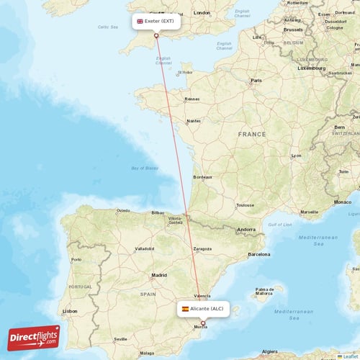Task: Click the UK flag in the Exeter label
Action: pos(140,22)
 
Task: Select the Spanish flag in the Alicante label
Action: pos(185,308)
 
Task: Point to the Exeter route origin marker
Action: pos(156,35)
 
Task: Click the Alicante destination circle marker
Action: pos(203,323)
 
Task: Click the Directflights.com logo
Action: pos(34,337)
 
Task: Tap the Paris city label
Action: pos(255,81)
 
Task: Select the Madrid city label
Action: pos(159,275)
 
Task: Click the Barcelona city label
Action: pos(258,254)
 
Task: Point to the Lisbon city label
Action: pos(70,310)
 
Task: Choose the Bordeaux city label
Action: pos(202,177)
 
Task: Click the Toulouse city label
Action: pos(245,205)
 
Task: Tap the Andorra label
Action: pos(246,230)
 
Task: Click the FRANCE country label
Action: pos(252,134)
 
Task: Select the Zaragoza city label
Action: pos(202,249)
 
